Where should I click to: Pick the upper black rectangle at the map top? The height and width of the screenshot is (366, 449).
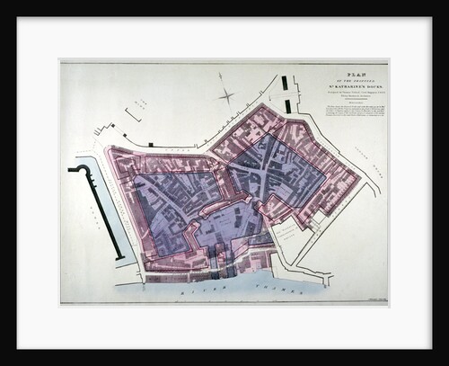285,83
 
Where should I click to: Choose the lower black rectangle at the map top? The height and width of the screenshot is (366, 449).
287,106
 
